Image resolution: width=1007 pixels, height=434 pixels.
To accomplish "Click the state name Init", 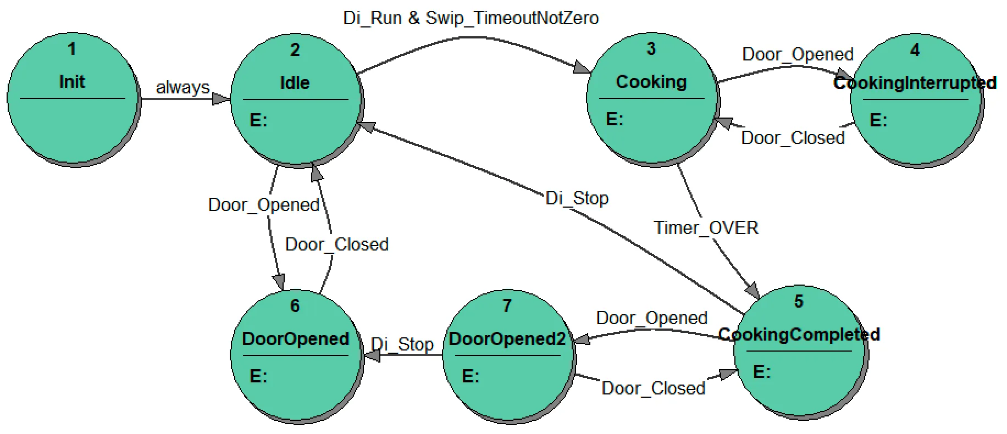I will point(72,82).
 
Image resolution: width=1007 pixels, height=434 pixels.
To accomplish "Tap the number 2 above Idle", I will point(295,50).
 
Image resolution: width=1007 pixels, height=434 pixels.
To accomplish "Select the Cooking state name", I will point(651,82).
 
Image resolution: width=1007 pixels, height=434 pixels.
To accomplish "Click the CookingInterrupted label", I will point(915,83).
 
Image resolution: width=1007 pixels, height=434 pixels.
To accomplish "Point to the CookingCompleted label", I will point(799,334).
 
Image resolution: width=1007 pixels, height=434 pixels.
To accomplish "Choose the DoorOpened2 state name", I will point(507,338).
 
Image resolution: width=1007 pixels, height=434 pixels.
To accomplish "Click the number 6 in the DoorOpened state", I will point(295,305).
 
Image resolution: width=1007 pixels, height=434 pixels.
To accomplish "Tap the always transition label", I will point(182,87).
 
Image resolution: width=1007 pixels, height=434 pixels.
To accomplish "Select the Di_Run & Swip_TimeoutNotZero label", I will point(471,18).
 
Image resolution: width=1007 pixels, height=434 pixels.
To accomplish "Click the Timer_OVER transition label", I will point(706,227).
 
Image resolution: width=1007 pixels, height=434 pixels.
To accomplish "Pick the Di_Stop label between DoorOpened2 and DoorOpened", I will point(402,344).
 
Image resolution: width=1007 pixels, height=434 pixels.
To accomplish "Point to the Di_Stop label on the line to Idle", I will point(577,198).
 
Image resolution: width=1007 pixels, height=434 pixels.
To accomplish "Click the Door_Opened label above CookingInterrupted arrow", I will point(798,54).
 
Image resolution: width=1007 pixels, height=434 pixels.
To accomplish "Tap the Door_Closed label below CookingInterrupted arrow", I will point(793,138).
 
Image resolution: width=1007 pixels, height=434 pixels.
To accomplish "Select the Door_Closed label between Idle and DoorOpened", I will point(336,244).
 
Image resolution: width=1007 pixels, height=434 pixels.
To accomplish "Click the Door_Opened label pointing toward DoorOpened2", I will point(651,318).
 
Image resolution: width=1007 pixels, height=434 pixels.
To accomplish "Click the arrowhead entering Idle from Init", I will point(222,99).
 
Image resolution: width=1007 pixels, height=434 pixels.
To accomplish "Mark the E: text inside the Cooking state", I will point(615,119).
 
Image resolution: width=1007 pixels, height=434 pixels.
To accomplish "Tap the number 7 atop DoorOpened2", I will point(507,305).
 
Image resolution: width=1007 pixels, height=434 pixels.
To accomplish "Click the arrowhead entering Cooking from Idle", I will point(582,68).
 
